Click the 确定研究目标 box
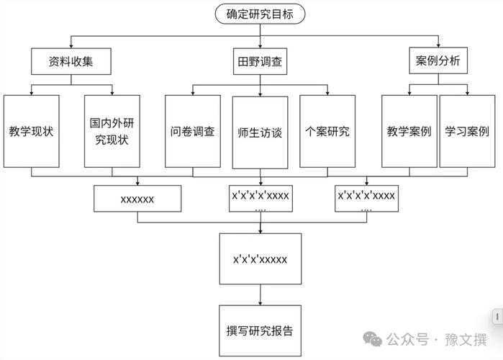tap(260, 13)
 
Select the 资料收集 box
tap(71, 62)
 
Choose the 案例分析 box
tap(438, 62)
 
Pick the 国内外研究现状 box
tap(112, 132)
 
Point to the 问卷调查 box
tap(192, 132)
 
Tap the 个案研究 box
tap(327, 132)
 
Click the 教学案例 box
tap(409, 132)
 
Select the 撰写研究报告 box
tap(260, 330)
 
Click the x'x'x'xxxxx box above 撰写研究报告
tap(260, 257)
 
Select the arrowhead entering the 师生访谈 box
tap(260, 91)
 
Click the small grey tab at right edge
tap(497, 317)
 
